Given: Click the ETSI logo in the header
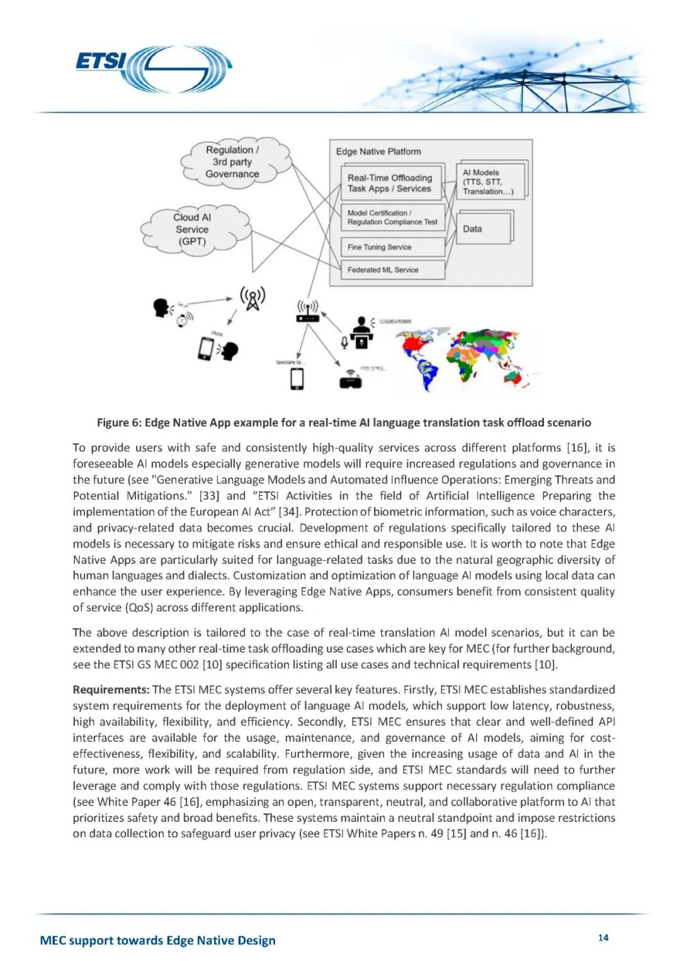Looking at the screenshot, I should coord(154,69).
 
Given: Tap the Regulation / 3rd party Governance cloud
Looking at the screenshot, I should coord(232,162).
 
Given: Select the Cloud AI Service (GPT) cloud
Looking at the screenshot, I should coord(193,229).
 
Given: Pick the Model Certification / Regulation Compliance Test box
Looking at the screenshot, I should coord(392,218).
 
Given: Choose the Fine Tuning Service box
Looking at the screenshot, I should coord(392,247).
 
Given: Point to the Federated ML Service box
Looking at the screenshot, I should coord(392,270).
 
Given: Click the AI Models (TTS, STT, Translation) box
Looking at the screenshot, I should coord(489,182).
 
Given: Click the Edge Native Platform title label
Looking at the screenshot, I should coord(378,152).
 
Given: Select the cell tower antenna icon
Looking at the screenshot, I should coord(252,298).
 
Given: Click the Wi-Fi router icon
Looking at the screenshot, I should coord(307,312).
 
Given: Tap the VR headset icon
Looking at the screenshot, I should coord(350,379).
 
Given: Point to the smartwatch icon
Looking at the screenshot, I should coord(182,319).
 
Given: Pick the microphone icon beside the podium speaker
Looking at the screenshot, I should coord(344,342).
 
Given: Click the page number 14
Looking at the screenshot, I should coord(603,938).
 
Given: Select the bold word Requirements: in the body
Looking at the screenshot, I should coord(111,690).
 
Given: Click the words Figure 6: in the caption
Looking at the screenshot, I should coord(119,423).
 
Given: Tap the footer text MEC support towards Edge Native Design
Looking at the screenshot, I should coord(157,940).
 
